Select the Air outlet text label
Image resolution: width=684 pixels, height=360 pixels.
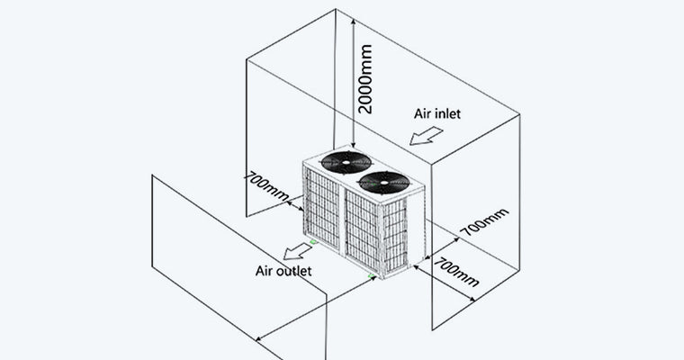tap(283, 270)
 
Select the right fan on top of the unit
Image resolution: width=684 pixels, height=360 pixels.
tap(384, 182)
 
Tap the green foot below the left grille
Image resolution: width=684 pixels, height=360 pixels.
tap(313, 241)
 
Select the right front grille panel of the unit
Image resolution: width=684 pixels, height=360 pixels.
tap(364, 235)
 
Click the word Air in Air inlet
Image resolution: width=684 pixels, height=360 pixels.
tap(423, 114)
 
